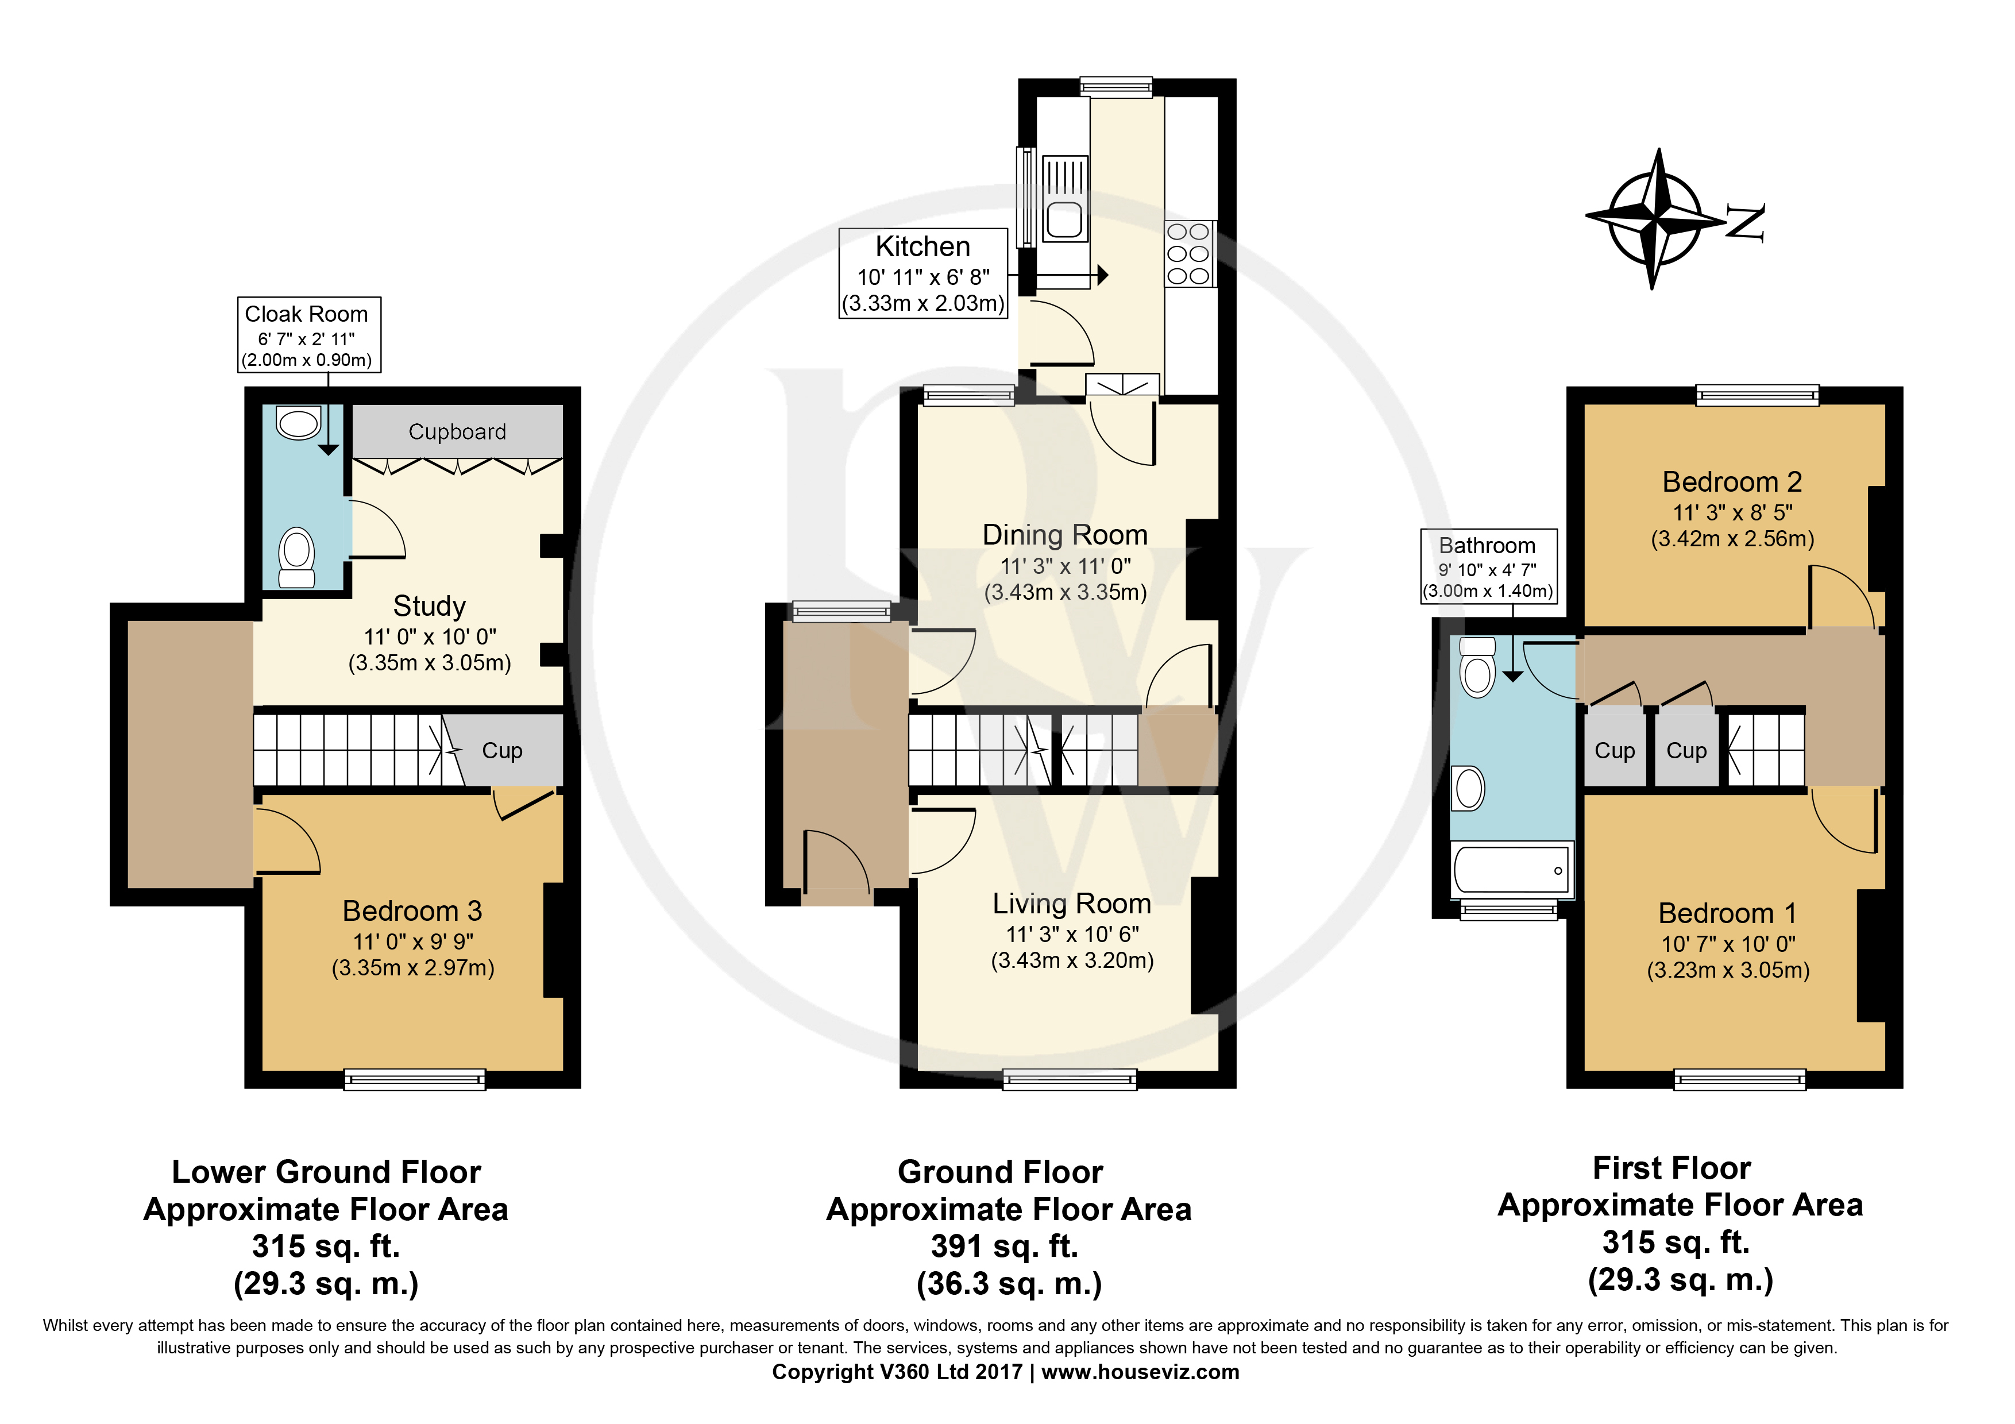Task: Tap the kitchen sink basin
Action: (x=1064, y=220)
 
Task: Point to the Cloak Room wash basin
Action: (x=298, y=423)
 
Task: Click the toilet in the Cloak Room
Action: (x=296, y=558)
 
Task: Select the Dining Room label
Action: (x=1064, y=534)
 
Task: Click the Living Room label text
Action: (x=1072, y=903)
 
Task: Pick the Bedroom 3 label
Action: (x=412, y=910)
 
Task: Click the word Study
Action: (x=429, y=606)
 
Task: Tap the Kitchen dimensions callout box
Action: (x=923, y=273)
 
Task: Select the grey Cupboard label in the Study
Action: (x=457, y=431)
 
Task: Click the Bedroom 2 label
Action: (x=1731, y=482)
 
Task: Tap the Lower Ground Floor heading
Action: (x=326, y=1172)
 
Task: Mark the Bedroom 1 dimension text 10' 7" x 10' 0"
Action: (x=1728, y=944)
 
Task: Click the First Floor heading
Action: (x=1672, y=1168)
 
